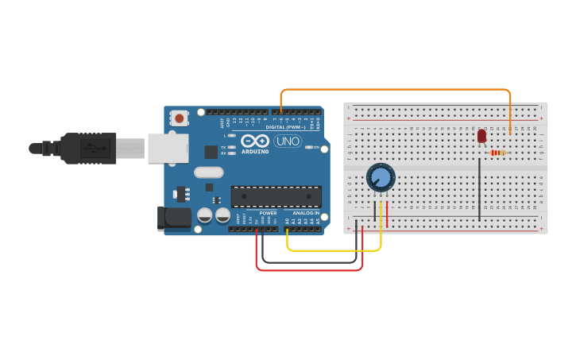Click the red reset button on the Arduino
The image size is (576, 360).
(180, 118)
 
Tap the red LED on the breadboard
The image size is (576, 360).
(481, 136)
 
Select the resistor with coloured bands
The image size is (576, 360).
(498, 153)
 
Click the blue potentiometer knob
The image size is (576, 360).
(381, 177)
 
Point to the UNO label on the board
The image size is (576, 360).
(287, 141)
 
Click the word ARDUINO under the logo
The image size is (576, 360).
(255, 151)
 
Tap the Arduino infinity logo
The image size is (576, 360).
(255, 141)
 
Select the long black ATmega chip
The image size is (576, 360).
(276, 196)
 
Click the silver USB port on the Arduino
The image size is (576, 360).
(168, 148)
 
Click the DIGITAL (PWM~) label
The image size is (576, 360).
(285, 127)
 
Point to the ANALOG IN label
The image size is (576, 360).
(305, 213)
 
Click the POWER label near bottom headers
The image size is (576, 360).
(268, 213)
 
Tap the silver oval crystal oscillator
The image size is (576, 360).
(208, 172)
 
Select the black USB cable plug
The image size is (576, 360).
(87, 148)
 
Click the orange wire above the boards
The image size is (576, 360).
(397, 90)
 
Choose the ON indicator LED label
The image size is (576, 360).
(316, 147)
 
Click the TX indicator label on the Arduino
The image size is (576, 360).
(223, 147)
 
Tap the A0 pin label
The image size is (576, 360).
(287, 221)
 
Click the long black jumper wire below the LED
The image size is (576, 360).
(479, 189)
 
